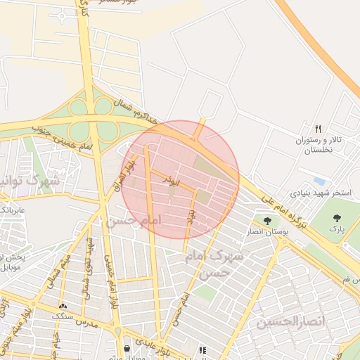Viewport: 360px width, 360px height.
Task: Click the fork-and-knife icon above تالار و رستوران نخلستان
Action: (318, 129)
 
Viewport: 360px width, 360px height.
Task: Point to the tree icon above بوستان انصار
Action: (266, 221)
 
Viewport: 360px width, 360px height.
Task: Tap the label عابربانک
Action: (13, 210)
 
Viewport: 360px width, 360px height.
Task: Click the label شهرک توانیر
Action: (21, 181)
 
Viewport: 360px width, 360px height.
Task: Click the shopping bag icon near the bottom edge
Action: (127, 349)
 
